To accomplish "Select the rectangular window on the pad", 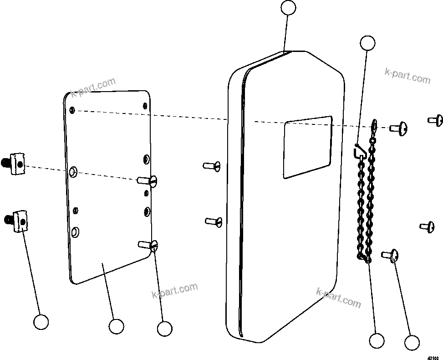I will (x=307, y=147).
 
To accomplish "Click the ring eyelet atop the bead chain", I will (x=374, y=124).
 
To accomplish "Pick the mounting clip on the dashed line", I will (x=16, y=163).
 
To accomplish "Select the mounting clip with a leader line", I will (x=18, y=221).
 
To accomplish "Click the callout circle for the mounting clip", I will (x=41, y=322).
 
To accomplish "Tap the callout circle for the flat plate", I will (x=116, y=326).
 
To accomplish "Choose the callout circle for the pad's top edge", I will (x=288, y=8).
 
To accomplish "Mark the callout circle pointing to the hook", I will (x=367, y=43).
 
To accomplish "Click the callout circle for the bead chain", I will (x=377, y=340).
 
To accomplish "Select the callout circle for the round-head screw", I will (x=412, y=342).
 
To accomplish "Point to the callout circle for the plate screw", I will (x=164, y=328).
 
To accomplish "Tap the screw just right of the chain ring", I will (x=398, y=129).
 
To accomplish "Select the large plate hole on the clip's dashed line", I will (x=73, y=172).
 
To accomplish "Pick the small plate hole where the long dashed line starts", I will (x=72, y=110).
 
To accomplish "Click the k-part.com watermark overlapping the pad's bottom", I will (x=338, y=298).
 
